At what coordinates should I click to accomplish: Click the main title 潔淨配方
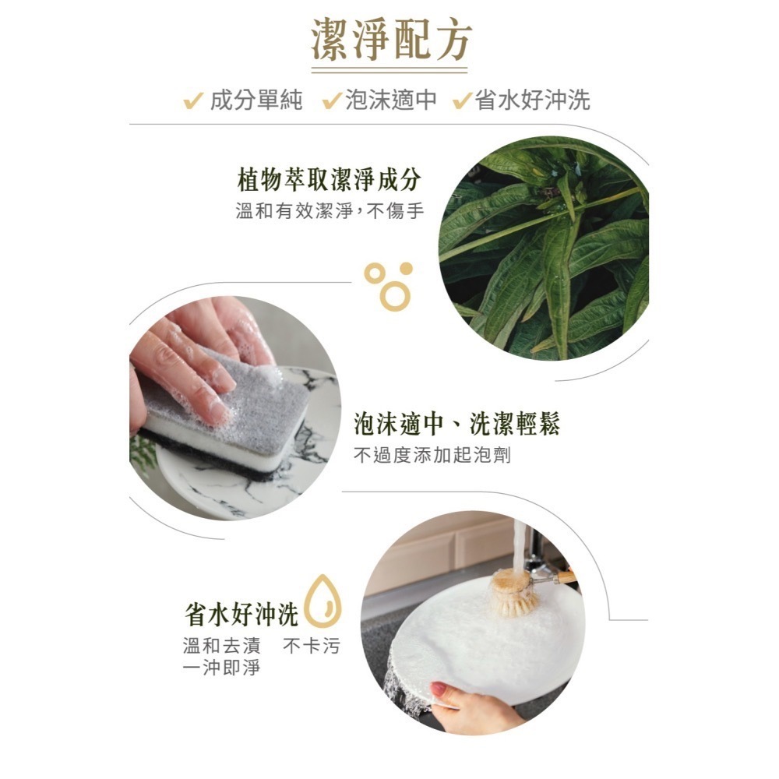point(389,41)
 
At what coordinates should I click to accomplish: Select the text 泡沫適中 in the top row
point(392,100)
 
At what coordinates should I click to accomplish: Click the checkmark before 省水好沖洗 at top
point(463,100)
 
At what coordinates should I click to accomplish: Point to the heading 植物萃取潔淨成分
point(329,181)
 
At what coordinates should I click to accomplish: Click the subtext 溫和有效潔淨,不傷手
point(329,211)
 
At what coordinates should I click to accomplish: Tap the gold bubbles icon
point(388,285)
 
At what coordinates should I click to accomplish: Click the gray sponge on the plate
point(226,405)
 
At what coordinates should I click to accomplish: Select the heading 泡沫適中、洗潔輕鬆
point(456,425)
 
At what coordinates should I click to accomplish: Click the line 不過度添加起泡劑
point(432,455)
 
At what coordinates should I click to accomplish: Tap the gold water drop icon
point(322,601)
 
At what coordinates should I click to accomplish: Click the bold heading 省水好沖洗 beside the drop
point(241,615)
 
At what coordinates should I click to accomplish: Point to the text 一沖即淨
point(220,668)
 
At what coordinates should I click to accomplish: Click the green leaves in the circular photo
point(545,249)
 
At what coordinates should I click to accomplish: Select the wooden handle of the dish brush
point(562,577)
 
